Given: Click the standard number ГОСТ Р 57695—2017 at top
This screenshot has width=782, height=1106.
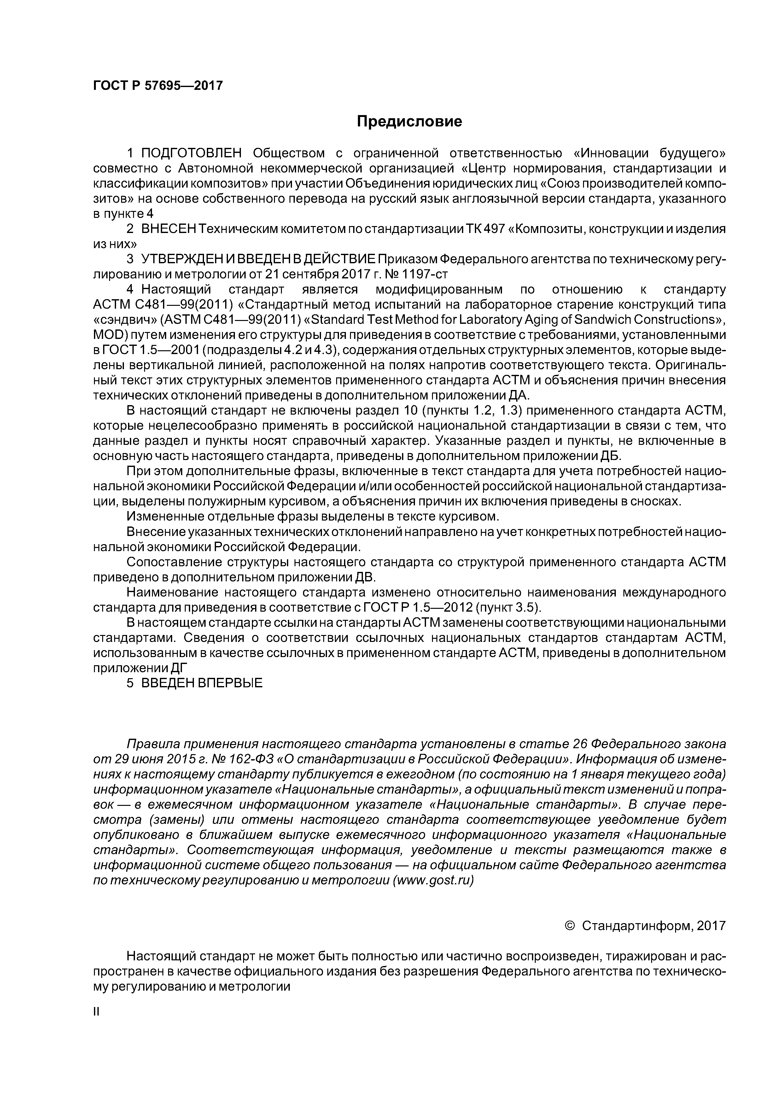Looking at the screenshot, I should click(x=158, y=86).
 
